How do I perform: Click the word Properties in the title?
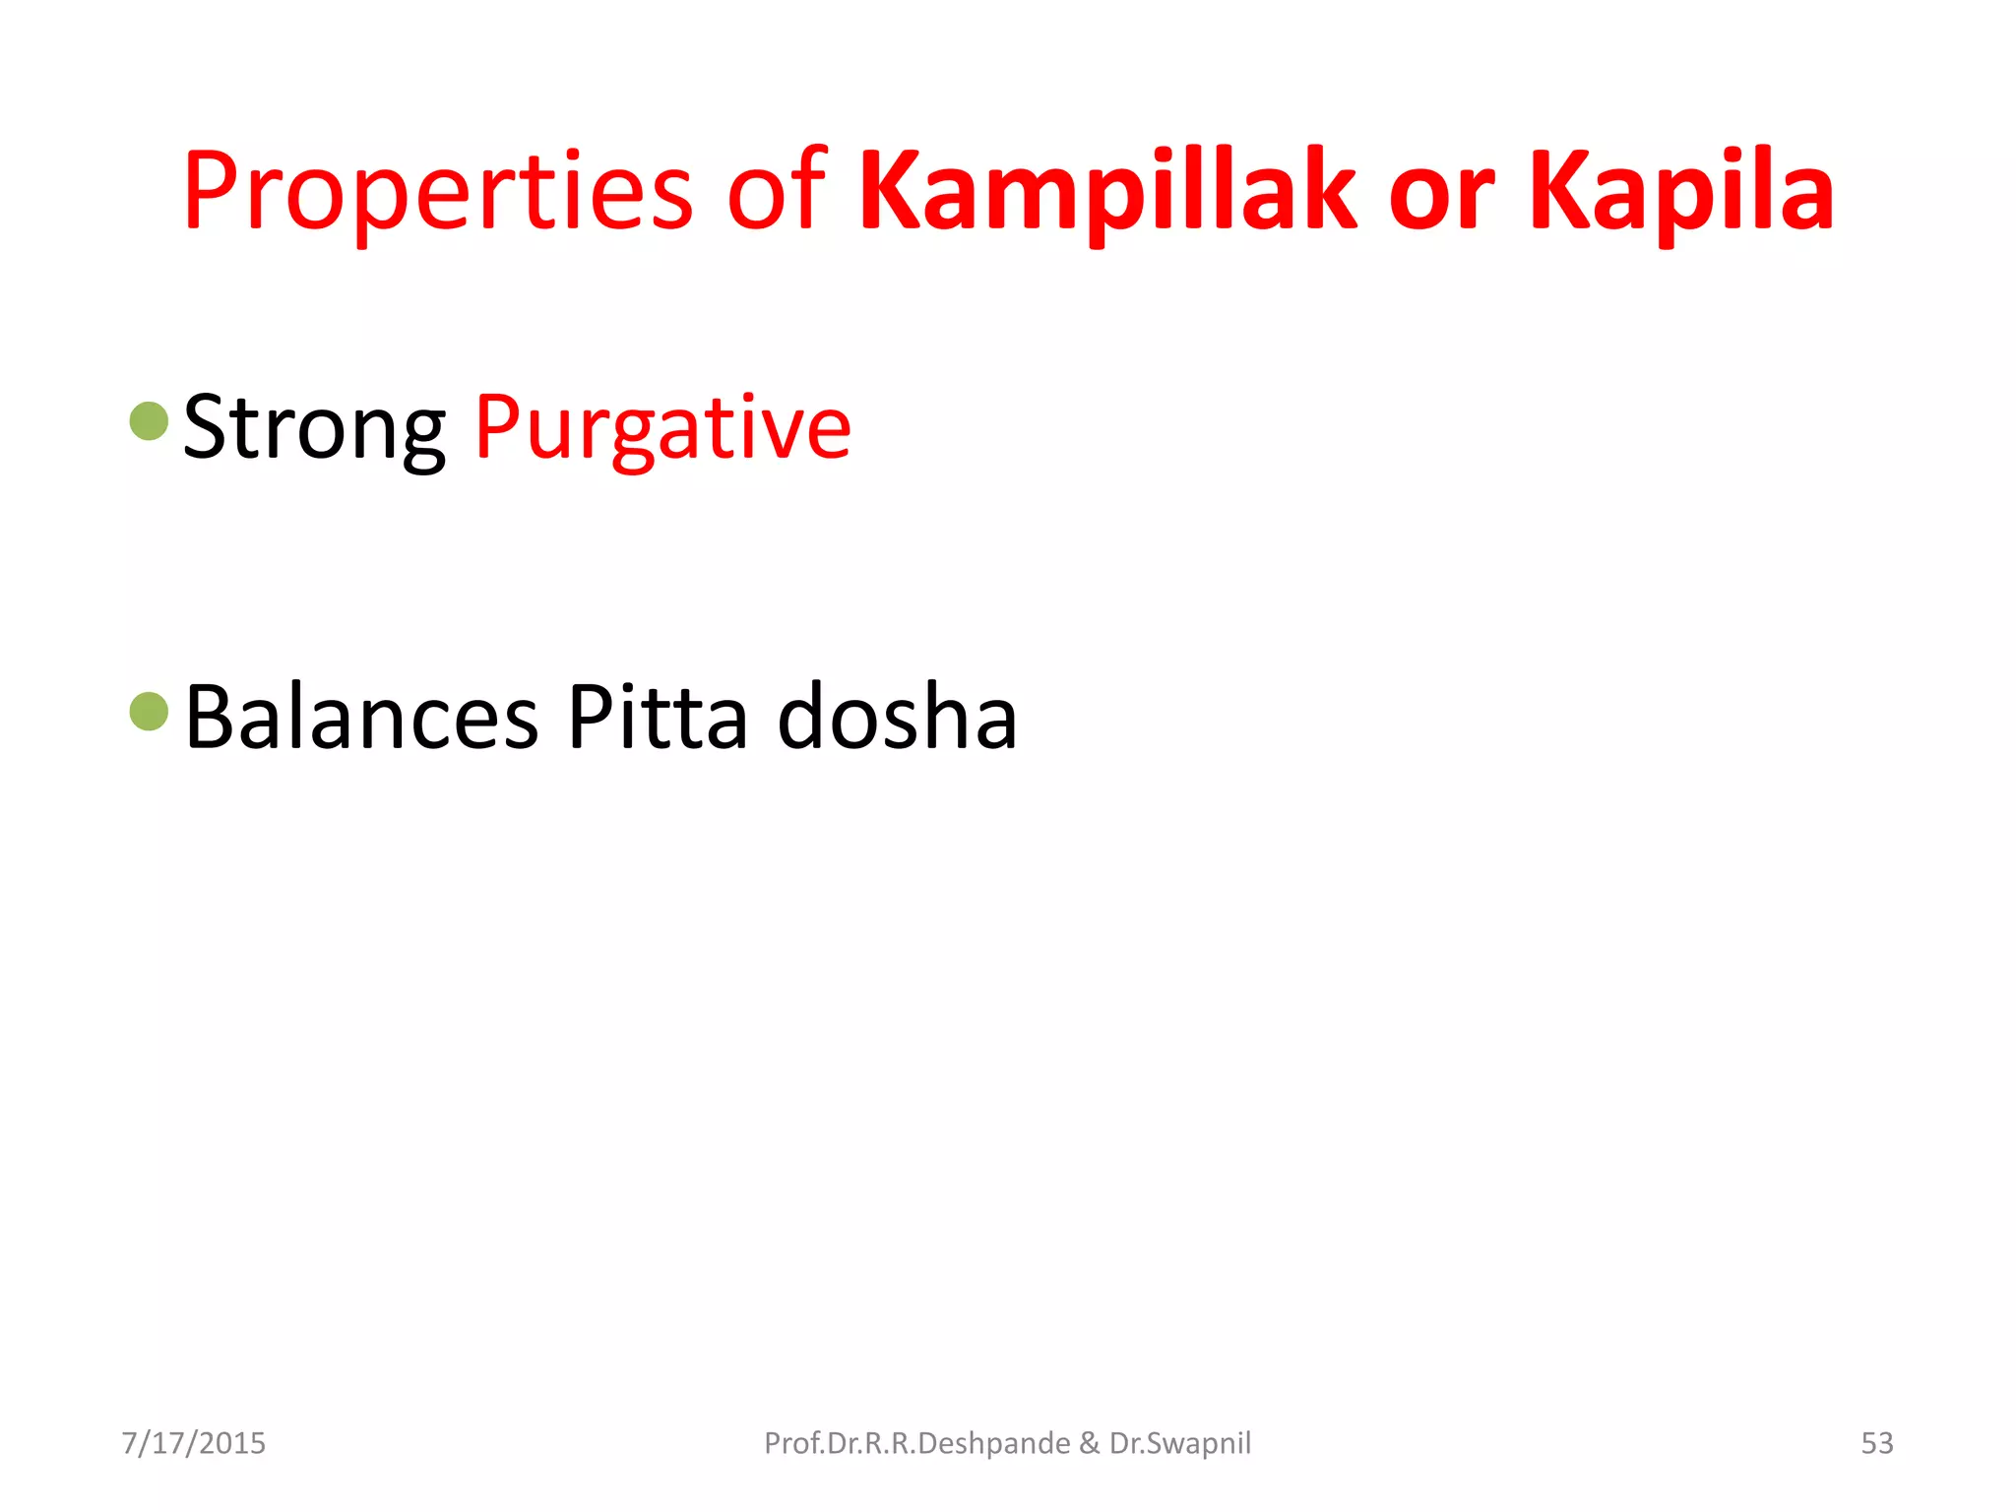click(x=438, y=192)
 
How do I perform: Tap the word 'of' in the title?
click(x=776, y=192)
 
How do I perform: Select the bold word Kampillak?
click(x=1107, y=192)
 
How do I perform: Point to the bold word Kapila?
click(x=1681, y=192)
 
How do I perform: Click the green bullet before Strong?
click(x=150, y=421)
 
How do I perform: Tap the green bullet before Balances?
click(x=150, y=712)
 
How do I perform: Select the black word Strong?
click(x=314, y=429)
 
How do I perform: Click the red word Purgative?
click(x=662, y=429)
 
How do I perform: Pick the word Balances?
click(x=361, y=718)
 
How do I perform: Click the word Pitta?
click(x=658, y=718)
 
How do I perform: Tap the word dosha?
click(x=897, y=718)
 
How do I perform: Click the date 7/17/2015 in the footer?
click(x=194, y=1443)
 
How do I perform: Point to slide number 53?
click(x=1876, y=1443)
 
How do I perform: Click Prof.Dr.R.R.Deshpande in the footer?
click(x=917, y=1443)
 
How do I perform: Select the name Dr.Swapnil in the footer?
click(x=1180, y=1443)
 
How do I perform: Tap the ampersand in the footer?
click(x=1090, y=1443)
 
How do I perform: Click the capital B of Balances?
click(x=210, y=716)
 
